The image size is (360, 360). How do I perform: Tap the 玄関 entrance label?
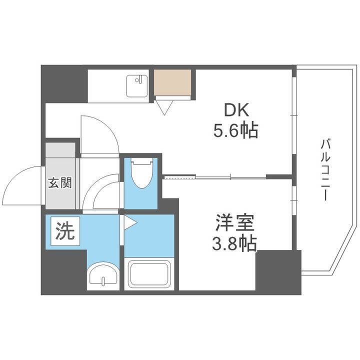59,182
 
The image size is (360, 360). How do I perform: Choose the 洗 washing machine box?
64,231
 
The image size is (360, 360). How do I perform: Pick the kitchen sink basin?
135,85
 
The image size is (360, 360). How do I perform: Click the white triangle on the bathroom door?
129,223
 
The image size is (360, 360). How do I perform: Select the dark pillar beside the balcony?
278,270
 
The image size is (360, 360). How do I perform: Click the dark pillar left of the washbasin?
63,272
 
